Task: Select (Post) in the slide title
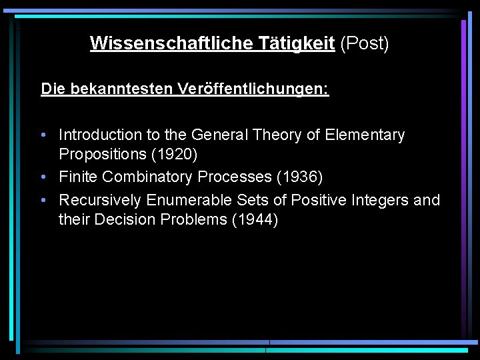[x=364, y=43]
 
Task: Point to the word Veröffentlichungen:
[x=253, y=89]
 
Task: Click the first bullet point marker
[x=43, y=135]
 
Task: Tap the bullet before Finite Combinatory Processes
[x=43, y=177]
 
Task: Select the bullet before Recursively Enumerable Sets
[x=43, y=200]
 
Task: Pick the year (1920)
[x=175, y=154]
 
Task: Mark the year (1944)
[x=255, y=219]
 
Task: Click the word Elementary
[x=365, y=135]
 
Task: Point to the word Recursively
[x=100, y=200]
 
